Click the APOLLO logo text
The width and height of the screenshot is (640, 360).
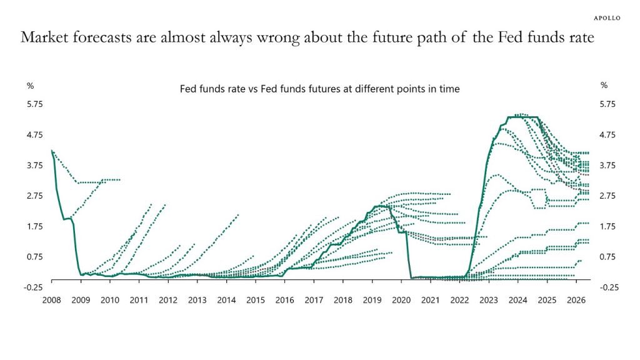606,18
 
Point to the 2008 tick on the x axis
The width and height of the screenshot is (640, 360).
51,300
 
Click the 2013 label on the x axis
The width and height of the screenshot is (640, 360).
197,300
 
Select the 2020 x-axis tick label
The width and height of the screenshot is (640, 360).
401,300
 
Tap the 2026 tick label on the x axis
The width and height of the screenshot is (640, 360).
576,300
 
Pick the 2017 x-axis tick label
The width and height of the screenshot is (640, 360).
314,300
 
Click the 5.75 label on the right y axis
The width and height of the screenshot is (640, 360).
608,104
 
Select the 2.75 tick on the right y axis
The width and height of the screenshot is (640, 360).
608,196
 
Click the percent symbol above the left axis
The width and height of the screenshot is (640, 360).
30,85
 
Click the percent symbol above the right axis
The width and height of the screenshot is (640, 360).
603,85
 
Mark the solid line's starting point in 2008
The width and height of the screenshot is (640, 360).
52,151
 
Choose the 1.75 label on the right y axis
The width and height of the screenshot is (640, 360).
608,226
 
